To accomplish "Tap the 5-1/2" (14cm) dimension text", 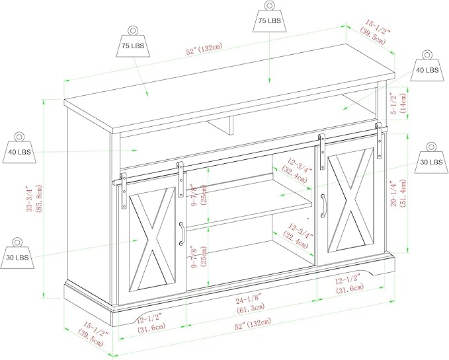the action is coord(399,103).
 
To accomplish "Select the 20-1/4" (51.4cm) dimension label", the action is coord(399,194).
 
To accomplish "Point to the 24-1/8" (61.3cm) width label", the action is coord(250,304).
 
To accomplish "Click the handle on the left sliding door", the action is coord(181,234).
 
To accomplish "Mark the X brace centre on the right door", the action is coord(351,199).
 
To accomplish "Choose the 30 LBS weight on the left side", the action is coord(17,253).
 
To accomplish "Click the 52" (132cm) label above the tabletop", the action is coord(204,50).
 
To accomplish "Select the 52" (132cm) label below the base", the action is coord(253,324).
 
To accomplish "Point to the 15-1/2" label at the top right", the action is coord(374,32).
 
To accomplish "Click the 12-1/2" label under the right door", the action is coord(348,283).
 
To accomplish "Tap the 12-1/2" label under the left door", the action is coord(150,322).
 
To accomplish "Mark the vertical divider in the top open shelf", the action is coord(221,126).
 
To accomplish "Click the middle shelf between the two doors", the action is coord(249,204).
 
